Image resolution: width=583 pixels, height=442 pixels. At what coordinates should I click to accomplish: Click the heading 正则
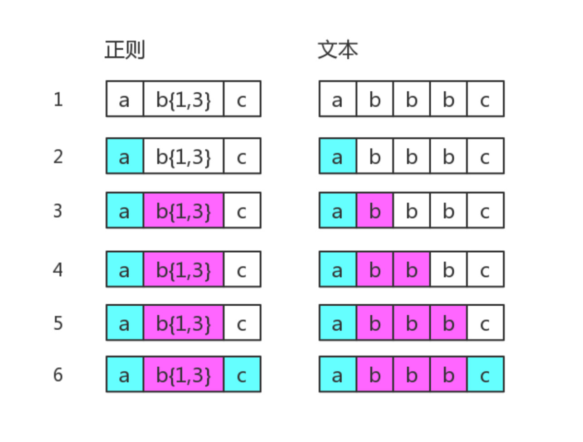pos(125,50)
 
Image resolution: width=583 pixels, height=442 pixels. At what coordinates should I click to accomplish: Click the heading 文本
pos(338,50)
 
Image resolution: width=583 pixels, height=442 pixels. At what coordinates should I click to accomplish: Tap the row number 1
pos(58,99)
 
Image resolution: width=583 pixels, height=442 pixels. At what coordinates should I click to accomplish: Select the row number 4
pos(58,269)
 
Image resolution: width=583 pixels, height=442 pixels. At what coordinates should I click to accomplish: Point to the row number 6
pos(58,375)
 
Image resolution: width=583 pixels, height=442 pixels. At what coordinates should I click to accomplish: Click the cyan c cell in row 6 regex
pos(242,375)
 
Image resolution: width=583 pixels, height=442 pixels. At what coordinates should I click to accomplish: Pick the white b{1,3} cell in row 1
pos(183,99)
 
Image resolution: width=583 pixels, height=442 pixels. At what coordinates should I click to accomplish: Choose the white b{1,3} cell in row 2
pos(183,156)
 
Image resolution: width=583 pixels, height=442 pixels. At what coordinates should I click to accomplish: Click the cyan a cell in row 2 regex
pos(125,156)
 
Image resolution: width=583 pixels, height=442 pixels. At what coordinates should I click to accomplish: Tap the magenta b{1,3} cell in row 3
pos(183,211)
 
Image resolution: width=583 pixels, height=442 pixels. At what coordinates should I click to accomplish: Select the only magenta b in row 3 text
pos(374,211)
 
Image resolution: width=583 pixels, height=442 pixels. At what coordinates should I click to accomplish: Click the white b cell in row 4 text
pos(448,269)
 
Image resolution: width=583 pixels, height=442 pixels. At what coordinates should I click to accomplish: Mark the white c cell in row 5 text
pos(485,323)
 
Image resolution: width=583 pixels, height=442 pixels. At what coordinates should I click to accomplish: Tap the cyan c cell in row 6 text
pos(485,375)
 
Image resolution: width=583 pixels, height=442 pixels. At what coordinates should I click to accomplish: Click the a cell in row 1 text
pos(337,99)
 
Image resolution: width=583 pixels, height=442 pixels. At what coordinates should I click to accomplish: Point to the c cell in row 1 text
pos(485,99)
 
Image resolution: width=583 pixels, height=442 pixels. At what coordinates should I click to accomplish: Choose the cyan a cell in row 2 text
pos(337,156)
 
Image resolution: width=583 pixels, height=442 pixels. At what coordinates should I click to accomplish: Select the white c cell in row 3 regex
pos(242,211)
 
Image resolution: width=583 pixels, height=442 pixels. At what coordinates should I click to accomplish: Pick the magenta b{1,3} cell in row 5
pos(183,323)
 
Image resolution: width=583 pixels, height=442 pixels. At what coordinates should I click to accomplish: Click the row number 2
pos(58,156)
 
